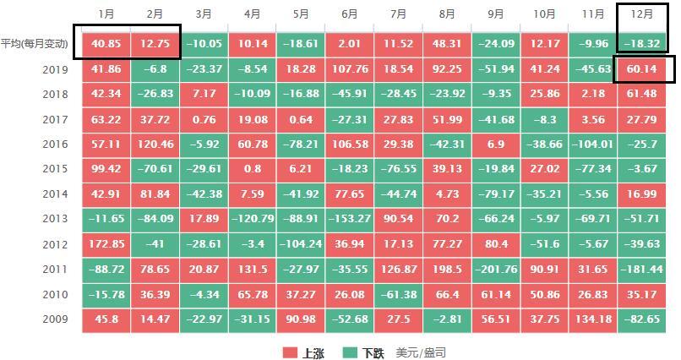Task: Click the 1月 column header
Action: pyautogui.click(x=106, y=14)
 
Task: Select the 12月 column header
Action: pyautogui.click(x=643, y=14)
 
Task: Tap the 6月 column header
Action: pyautogui.click(x=350, y=14)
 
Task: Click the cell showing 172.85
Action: pyautogui.click(x=106, y=245)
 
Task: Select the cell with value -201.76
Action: pyautogui.click(x=496, y=270)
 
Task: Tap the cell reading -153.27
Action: pyautogui.click(x=350, y=220)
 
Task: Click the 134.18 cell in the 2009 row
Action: pyautogui.click(x=593, y=320)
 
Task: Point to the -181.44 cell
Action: pyautogui.click(x=643, y=270)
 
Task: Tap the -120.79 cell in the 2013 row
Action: pyautogui.click(x=252, y=220)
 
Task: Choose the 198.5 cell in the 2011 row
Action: pyautogui.click(x=447, y=270)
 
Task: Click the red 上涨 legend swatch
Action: pyautogui.click(x=290, y=352)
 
